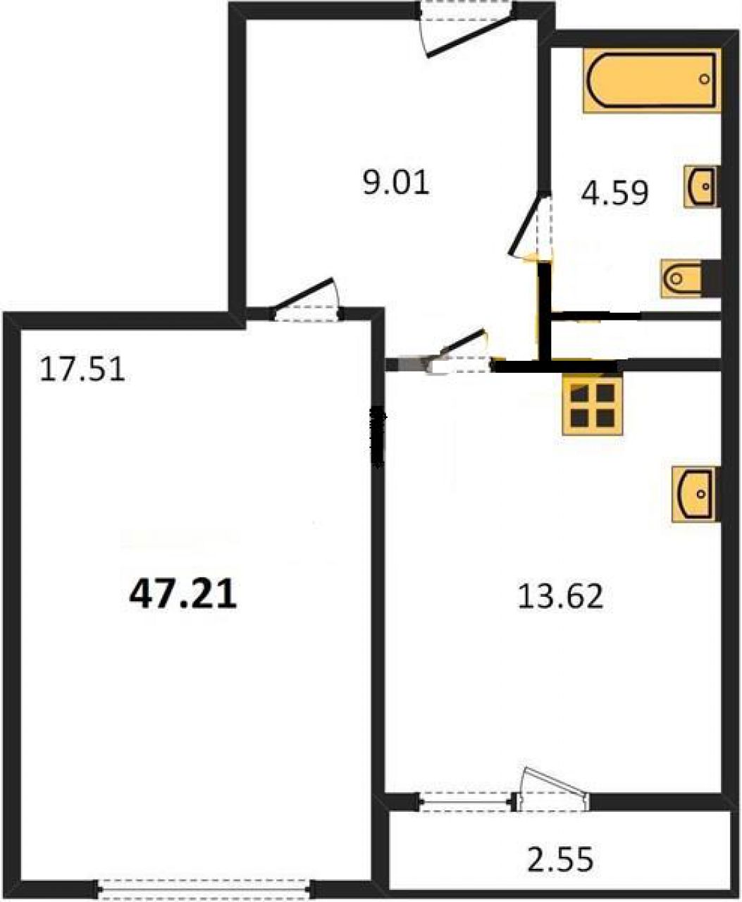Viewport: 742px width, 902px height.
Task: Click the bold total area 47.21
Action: click(183, 594)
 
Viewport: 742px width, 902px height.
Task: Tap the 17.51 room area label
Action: click(82, 371)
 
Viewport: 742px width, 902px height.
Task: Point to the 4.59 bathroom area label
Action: click(614, 193)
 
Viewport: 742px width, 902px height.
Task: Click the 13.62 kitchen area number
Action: click(560, 596)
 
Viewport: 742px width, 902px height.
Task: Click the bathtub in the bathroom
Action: click(652, 80)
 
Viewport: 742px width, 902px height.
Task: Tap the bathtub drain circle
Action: click(704, 79)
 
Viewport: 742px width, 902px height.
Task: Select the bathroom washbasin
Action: click(702, 187)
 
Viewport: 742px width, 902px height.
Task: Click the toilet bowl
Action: click(681, 279)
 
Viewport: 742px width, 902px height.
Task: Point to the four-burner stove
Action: click(593, 404)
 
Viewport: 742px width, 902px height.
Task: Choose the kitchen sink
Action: click(695, 495)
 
